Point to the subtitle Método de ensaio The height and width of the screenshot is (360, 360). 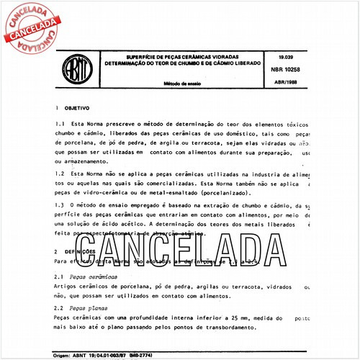[179, 85]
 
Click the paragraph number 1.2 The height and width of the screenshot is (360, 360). [60, 174]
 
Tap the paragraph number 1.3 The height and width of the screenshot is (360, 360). [60, 206]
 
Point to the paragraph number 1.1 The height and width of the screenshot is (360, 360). [60, 124]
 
